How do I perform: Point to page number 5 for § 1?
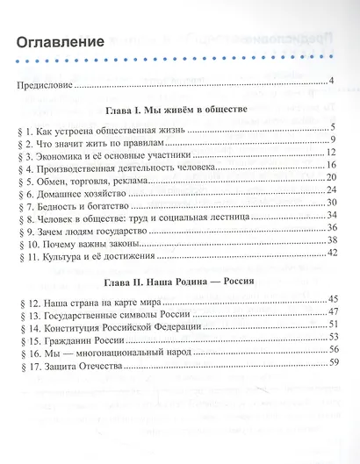(335, 128)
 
